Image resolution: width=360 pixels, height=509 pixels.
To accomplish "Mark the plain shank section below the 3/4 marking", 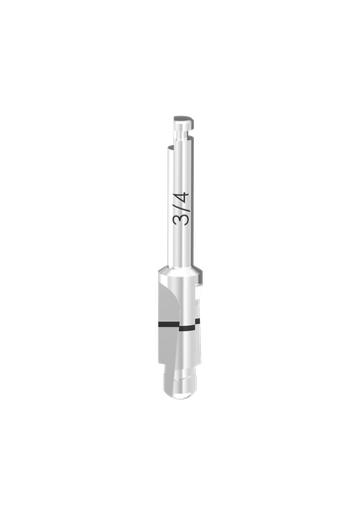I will [180, 249].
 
